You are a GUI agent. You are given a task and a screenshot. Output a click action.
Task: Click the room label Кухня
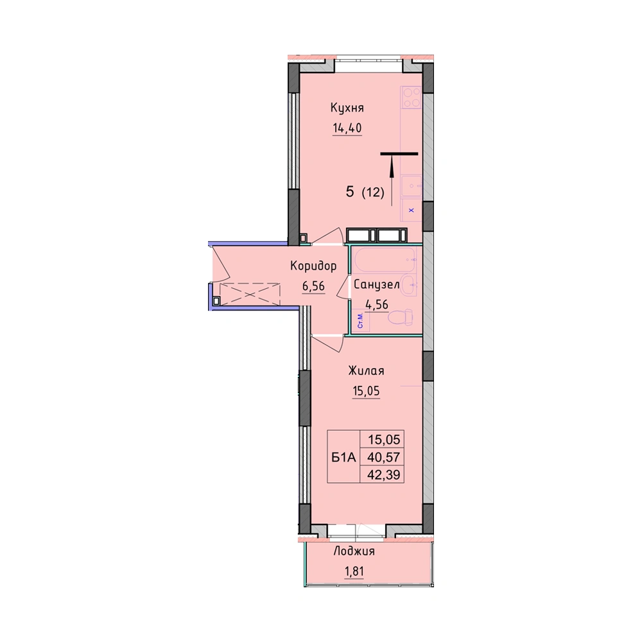[347, 108]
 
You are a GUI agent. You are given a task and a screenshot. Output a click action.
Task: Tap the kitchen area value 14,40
[347, 128]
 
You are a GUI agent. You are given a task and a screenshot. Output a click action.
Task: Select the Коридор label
[313, 266]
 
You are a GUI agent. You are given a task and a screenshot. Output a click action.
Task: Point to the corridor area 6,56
[314, 286]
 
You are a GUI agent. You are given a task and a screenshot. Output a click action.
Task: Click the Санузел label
[376, 284]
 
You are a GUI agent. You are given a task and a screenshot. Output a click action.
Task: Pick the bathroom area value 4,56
[377, 304]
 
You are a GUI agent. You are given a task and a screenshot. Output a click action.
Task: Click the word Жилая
[366, 371]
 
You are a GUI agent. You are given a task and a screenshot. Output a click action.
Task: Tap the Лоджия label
[354, 551]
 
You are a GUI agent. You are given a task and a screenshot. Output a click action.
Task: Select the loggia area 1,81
[354, 571]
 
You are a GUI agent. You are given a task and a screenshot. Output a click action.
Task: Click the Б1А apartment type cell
[343, 457]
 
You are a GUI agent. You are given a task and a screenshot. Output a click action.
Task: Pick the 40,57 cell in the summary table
[384, 457]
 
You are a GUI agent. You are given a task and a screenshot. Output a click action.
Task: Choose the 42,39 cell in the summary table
[384, 474]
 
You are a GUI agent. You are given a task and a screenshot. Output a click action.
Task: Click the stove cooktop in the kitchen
[411, 98]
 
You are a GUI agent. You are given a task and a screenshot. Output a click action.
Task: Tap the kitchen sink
[411, 186]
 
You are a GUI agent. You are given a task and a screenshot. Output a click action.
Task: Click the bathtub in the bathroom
[385, 260]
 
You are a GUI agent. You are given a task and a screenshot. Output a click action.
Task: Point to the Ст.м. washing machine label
[360, 321]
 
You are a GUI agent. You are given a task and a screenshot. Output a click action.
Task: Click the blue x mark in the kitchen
[412, 211]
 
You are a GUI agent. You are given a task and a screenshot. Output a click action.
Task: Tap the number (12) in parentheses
[373, 192]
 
